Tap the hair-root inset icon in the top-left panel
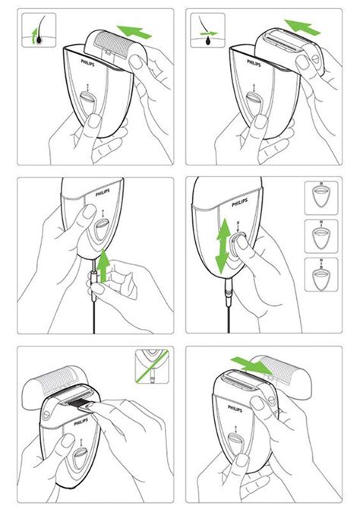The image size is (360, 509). (x=35, y=31)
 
